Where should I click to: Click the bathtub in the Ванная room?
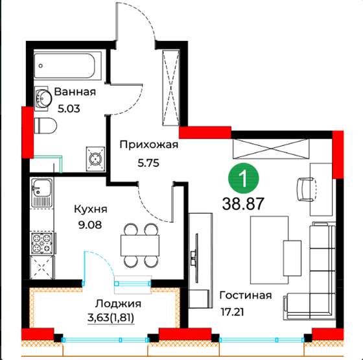(67, 66)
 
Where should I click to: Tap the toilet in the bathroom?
(45, 126)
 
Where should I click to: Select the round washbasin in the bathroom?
(43, 99)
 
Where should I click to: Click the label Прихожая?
(149, 145)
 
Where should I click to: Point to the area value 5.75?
(148, 163)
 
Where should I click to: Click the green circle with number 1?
(244, 178)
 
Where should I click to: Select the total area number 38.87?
(243, 204)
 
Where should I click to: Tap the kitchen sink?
(41, 192)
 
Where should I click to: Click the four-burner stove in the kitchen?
(42, 243)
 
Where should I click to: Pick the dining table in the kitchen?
(140, 245)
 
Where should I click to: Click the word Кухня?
(91, 210)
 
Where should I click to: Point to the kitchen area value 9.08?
(90, 224)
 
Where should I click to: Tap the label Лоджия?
(118, 304)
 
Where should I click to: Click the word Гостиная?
(246, 295)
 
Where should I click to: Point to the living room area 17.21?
(232, 312)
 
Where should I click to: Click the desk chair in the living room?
(307, 189)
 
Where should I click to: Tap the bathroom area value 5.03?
(69, 108)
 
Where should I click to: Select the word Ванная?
(75, 91)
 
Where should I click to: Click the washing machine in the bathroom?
(95, 159)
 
